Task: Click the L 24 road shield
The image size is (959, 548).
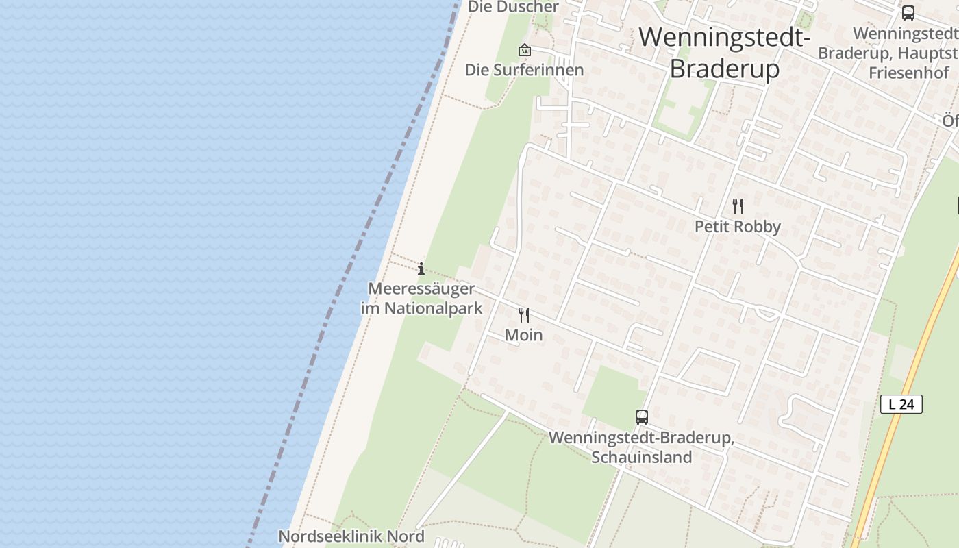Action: pos(901,404)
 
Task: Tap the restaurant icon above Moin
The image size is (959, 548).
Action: pos(524,315)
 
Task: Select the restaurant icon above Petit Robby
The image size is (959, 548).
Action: pos(738,206)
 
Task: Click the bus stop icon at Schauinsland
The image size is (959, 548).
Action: pos(642,416)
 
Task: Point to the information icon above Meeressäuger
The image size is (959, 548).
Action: pos(421,269)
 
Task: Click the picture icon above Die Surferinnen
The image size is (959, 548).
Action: pos(525,50)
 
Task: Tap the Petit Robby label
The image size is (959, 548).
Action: pos(738,227)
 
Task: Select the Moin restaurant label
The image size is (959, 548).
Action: pos(524,335)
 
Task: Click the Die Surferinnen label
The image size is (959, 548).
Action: pos(524,70)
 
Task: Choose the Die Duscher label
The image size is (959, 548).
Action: pos(513,7)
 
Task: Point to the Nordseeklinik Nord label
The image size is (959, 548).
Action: pos(351,536)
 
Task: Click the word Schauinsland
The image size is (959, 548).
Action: pos(642,458)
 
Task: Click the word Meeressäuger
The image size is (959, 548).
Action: pos(421,289)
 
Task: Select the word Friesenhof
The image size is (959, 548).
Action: pos(908,73)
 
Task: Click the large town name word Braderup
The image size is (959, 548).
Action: pos(724,69)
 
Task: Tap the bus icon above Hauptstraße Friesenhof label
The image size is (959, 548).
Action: pos(908,12)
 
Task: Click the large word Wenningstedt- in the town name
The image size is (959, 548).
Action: pos(724,37)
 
